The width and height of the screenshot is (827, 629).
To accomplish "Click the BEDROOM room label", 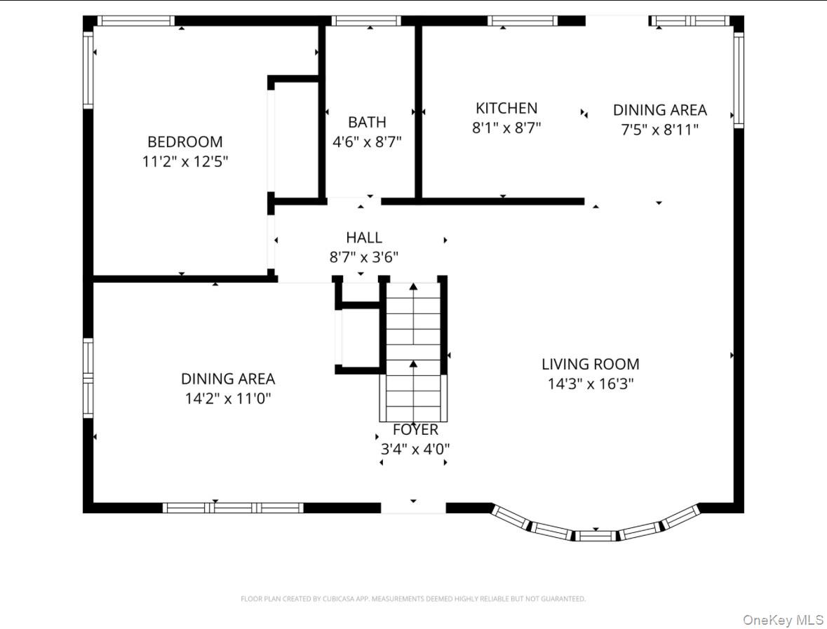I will [184, 142].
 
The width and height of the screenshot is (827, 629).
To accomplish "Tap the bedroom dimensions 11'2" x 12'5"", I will [184, 161].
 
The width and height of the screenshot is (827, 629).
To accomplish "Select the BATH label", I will [367, 123].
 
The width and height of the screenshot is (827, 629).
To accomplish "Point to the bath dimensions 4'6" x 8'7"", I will [367, 142].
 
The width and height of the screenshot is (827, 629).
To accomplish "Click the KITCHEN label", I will [506, 108].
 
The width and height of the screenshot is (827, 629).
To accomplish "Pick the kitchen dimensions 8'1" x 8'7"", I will [506, 128].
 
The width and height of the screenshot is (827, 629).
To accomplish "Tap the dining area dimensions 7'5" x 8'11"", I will [659, 129].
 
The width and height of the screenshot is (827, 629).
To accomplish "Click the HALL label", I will [364, 238].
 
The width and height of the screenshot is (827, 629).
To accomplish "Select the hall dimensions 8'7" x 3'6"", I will [364, 257].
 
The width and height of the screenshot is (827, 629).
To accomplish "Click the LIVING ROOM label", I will [591, 364].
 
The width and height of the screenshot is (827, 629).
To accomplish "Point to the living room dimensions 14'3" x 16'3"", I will [591, 384].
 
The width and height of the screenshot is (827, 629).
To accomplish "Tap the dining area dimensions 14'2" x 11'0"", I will [228, 398].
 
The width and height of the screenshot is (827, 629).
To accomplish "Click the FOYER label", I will [415, 430].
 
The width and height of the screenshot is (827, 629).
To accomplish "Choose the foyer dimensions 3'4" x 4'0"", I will [415, 449].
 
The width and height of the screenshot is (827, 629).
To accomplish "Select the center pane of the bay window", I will [596, 536].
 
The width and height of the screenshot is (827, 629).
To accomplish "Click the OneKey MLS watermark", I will [783, 620].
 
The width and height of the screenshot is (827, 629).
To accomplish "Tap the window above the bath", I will [366, 21].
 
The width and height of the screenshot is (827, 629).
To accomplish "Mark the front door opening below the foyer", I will [413, 507].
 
